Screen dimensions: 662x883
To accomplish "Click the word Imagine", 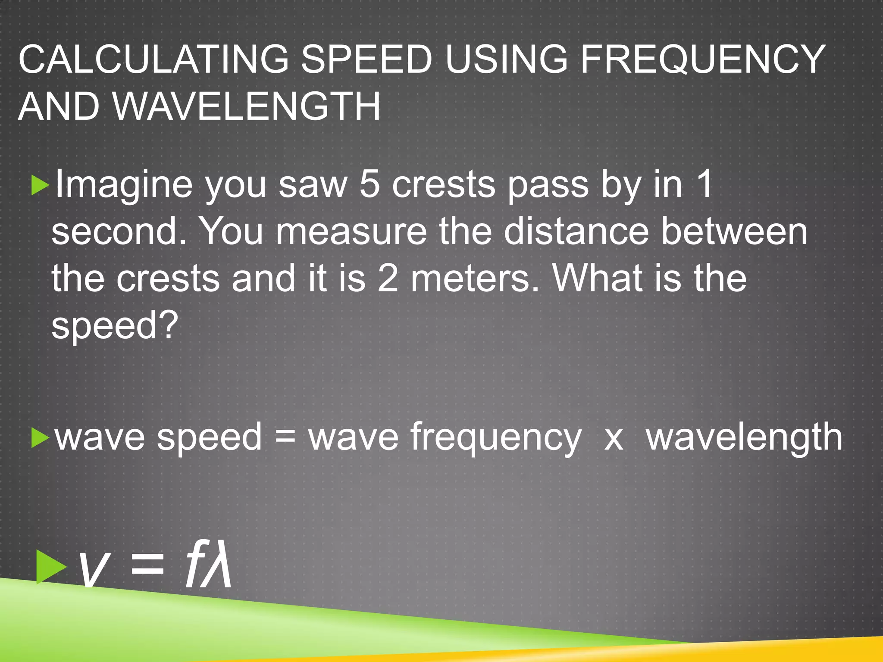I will click(x=124, y=184).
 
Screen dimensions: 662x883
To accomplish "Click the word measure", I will click(x=351, y=231).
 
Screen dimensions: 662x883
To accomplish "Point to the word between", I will click(x=734, y=231).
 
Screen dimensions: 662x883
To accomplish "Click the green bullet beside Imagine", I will click(x=41, y=185).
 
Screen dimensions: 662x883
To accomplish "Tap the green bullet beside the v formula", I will click(x=51, y=566).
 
